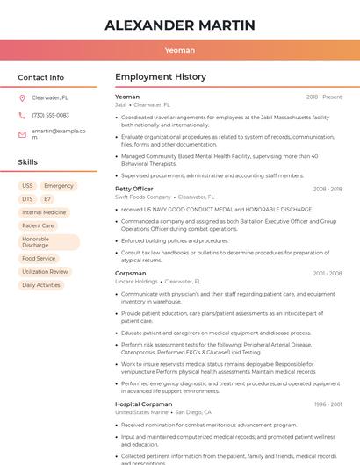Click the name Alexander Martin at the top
(180, 25)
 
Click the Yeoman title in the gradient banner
(180, 51)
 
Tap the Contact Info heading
(40, 77)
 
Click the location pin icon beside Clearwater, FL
(22, 98)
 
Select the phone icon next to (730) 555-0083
(22, 115)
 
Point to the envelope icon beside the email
(22, 133)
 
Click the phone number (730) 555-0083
(50, 115)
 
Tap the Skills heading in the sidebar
(28, 162)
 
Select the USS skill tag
(27, 186)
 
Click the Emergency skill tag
(59, 186)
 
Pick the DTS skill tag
(27, 199)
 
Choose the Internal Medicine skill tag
(44, 212)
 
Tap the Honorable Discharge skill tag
(48, 242)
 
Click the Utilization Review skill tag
(45, 272)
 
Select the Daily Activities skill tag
(41, 285)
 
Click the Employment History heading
(161, 77)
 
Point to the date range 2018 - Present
(324, 97)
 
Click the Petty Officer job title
(133, 189)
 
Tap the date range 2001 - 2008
(328, 273)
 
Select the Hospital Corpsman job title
(143, 404)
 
